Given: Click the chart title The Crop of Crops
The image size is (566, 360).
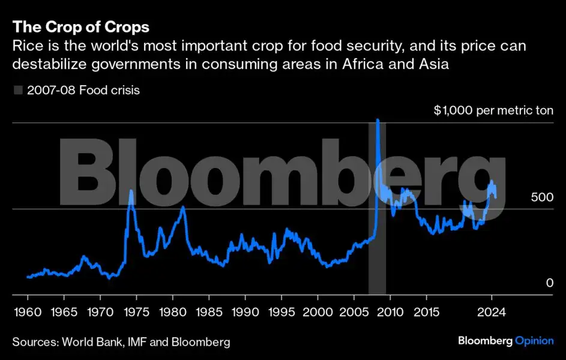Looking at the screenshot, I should pyautogui.click(x=81, y=27).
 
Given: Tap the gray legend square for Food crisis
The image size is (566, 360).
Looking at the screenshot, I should pyautogui.click(x=18, y=91).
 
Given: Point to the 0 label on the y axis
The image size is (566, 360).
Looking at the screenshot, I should pyautogui.click(x=549, y=283).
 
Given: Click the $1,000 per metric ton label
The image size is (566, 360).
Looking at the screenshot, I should pyautogui.click(x=493, y=111).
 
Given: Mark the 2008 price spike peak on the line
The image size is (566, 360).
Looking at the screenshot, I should pyautogui.click(x=377, y=121).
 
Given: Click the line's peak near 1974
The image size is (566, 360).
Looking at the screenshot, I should pyautogui.click(x=131, y=191).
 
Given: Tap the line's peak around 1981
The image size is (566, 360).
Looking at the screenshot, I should pyautogui.click(x=182, y=207).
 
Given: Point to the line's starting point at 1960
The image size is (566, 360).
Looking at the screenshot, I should pyautogui.click(x=28, y=277).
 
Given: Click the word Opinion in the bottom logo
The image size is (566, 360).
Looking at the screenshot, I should pyautogui.click(x=534, y=341).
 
